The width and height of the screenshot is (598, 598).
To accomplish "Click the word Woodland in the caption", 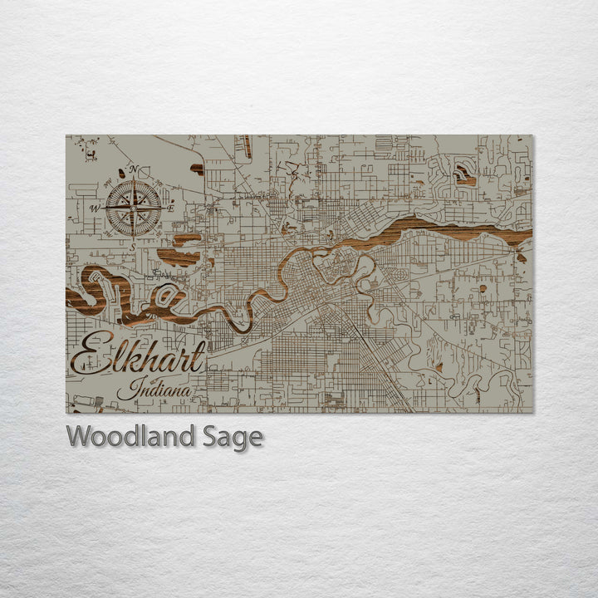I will (131, 436).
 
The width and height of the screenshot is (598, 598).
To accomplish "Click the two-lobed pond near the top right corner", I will (463, 174).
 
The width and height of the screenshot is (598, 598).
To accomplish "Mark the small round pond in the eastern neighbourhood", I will (483, 289).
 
